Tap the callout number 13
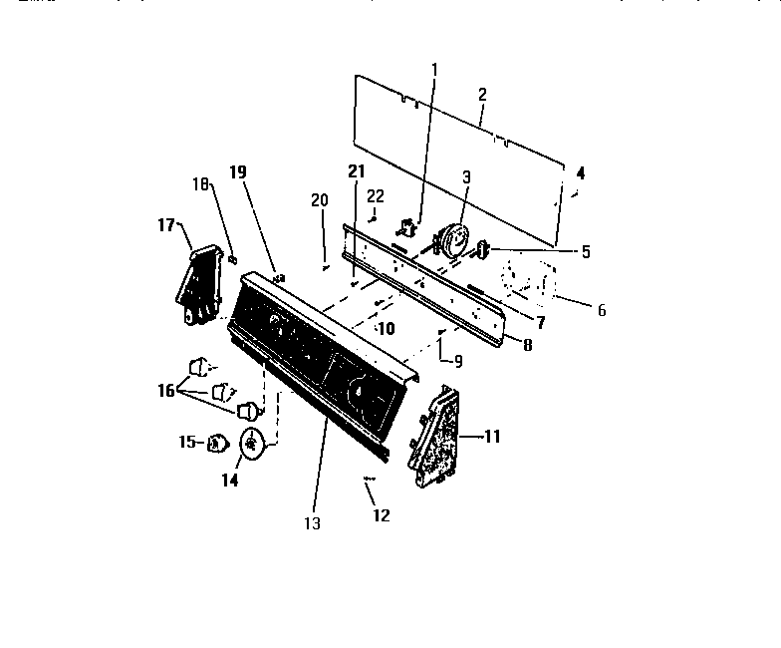tap(313, 522)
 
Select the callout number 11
tap(492, 437)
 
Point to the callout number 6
tap(601, 310)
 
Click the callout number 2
tap(482, 95)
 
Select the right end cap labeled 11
tap(434, 437)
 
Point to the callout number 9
tap(458, 360)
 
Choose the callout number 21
tap(357, 172)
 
